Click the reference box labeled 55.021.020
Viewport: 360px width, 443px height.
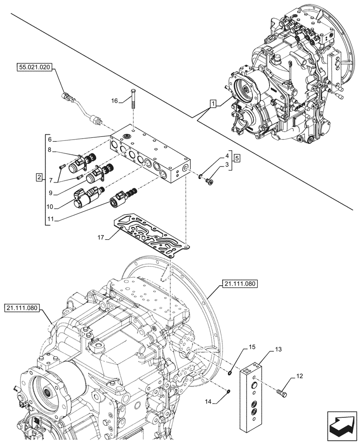click(x=35, y=67)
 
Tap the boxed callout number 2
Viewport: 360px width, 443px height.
click(x=39, y=178)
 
